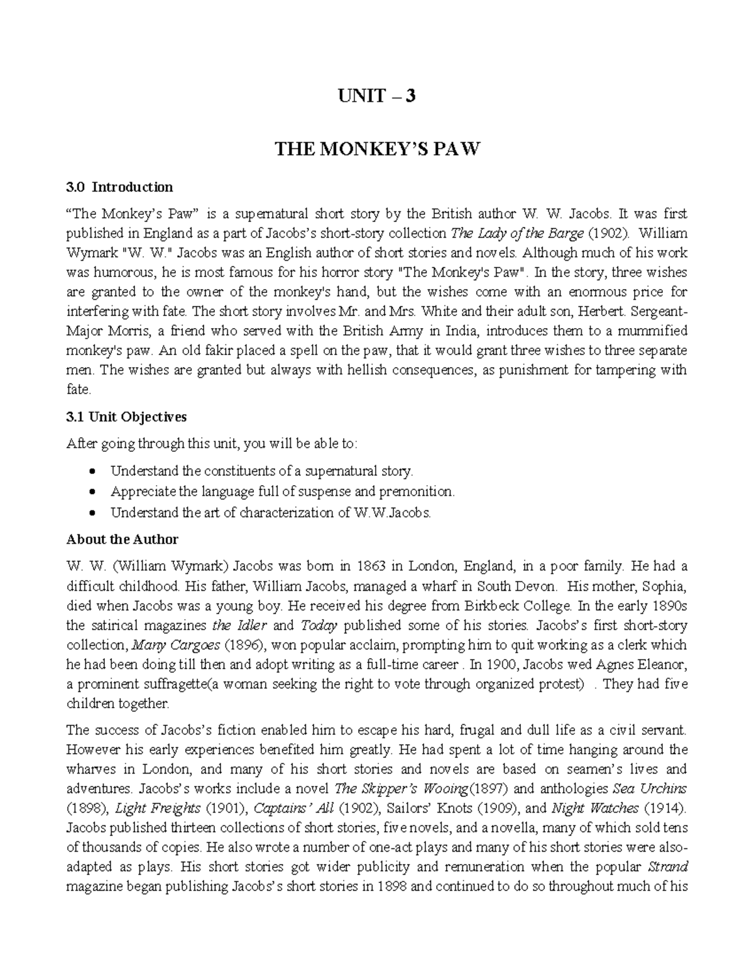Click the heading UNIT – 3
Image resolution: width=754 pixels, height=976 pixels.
(x=377, y=96)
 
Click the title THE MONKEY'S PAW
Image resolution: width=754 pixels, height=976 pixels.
(x=377, y=150)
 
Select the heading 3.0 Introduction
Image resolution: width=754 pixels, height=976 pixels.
(x=119, y=187)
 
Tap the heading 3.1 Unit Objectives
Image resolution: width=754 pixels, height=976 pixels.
(x=127, y=417)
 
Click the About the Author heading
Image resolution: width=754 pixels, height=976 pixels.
(x=123, y=539)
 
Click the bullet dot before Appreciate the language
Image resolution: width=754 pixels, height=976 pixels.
(x=93, y=492)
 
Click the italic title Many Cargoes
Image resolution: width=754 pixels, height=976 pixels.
(x=177, y=645)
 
